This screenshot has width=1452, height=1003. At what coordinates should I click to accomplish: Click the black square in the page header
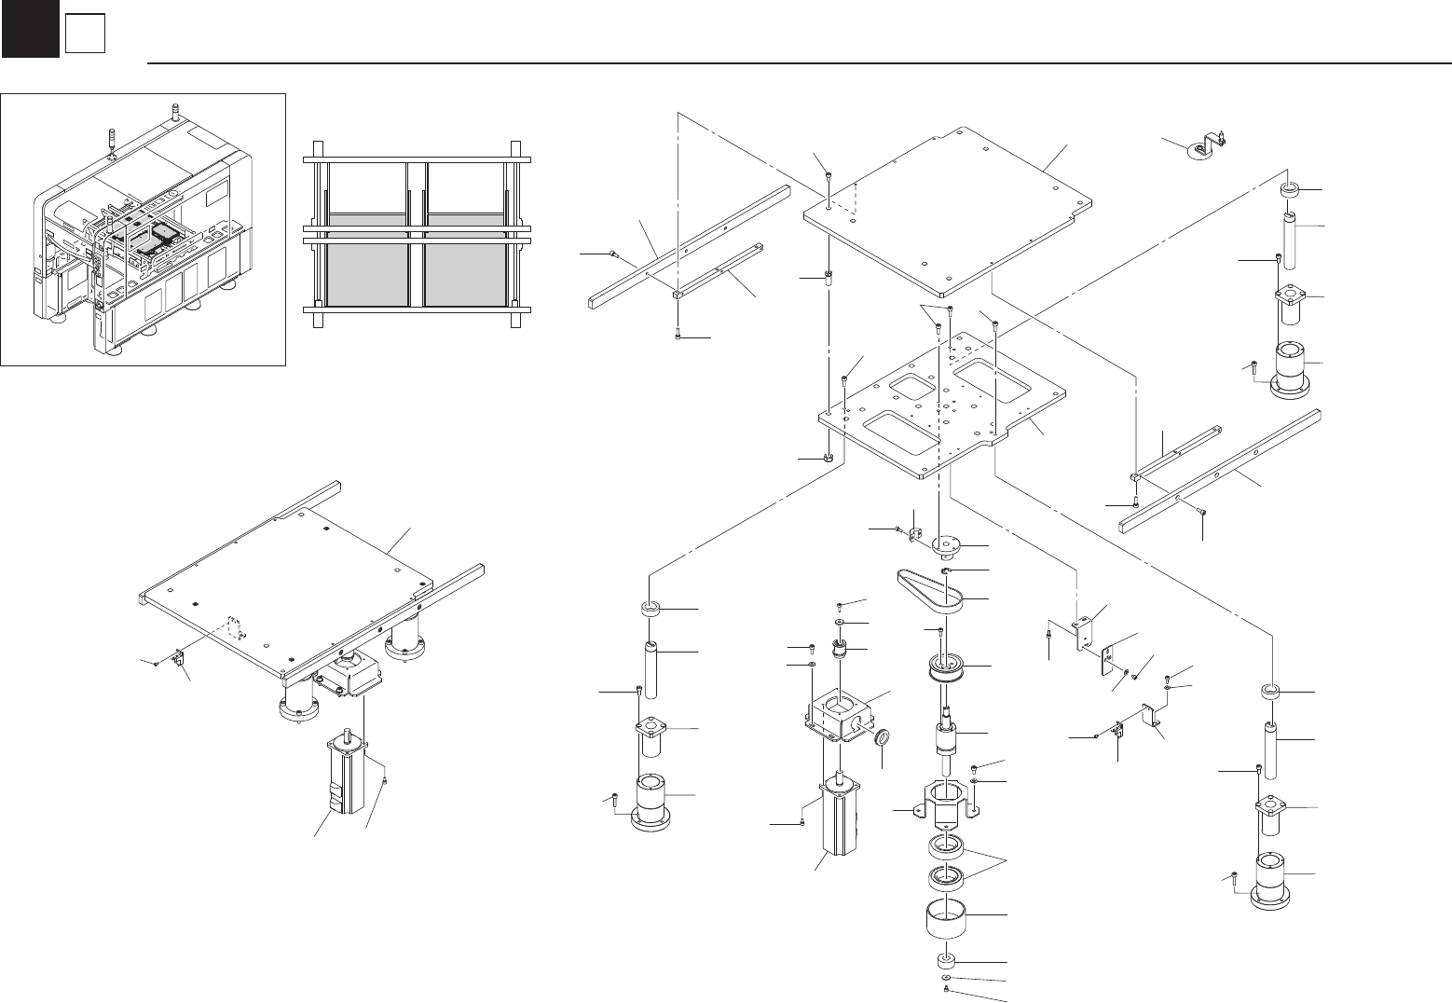pos(30,30)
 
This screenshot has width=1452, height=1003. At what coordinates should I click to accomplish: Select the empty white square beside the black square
pos(84,34)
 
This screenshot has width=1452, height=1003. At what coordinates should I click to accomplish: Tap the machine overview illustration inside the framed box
pos(143,228)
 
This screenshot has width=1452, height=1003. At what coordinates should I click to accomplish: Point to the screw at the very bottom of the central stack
pos(948,989)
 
